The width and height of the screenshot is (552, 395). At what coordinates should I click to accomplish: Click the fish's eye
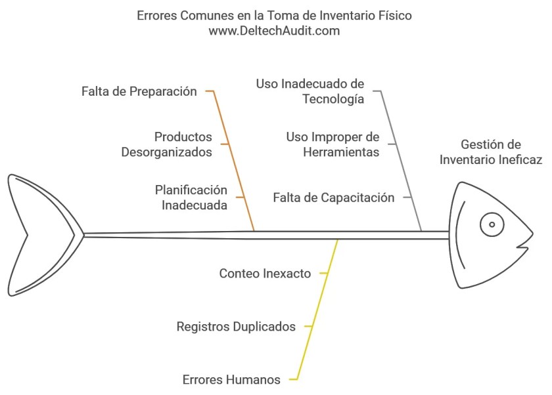[x=491, y=225]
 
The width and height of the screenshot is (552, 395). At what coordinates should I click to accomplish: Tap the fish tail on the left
[x=39, y=234]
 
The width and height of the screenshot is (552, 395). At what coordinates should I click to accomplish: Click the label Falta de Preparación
[x=139, y=92]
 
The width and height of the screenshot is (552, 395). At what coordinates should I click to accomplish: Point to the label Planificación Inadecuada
[x=191, y=197]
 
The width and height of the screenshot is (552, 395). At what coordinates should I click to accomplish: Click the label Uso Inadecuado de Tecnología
[x=310, y=92]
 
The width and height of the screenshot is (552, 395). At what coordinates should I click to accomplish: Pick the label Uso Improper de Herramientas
[x=333, y=144]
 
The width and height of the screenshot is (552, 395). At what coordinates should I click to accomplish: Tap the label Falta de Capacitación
[x=333, y=197]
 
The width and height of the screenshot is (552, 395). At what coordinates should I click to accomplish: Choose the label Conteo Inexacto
[x=265, y=274]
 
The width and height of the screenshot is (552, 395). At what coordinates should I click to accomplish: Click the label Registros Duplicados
[x=236, y=327]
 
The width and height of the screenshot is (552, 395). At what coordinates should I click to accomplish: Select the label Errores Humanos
[x=231, y=380]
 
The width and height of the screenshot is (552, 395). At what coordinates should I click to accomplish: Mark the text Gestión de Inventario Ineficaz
[x=490, y=152]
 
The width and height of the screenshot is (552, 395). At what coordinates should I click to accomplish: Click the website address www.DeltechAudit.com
[x=274, y=30]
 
